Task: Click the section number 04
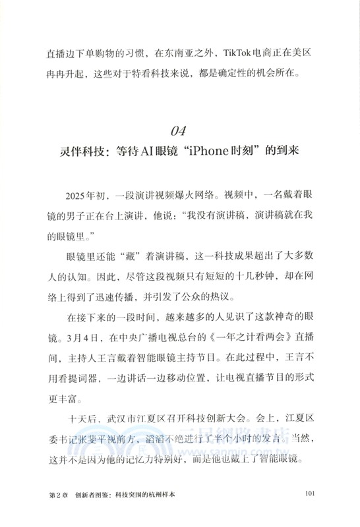coord(180,128)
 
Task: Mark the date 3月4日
coord(88,337)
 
